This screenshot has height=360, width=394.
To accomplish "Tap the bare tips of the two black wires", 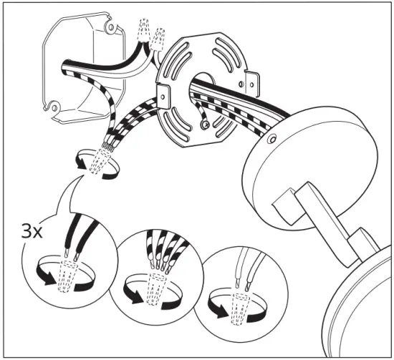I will (x=70, y=253).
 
